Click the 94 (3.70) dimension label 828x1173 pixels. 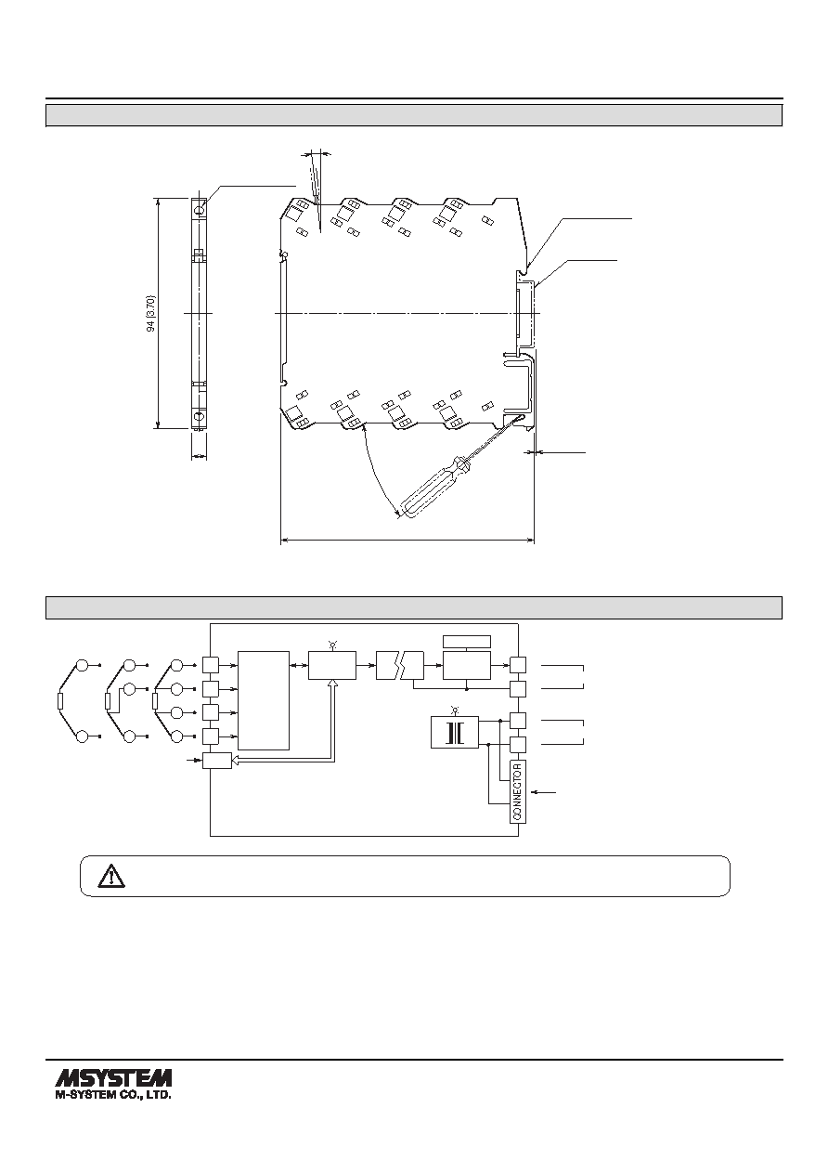151,313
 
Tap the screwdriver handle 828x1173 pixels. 428,488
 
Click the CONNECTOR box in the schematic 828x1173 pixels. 517,790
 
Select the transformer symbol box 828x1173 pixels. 454,732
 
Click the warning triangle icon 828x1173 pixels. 111,876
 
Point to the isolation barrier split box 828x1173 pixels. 399,666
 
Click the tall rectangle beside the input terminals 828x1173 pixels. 264,700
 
